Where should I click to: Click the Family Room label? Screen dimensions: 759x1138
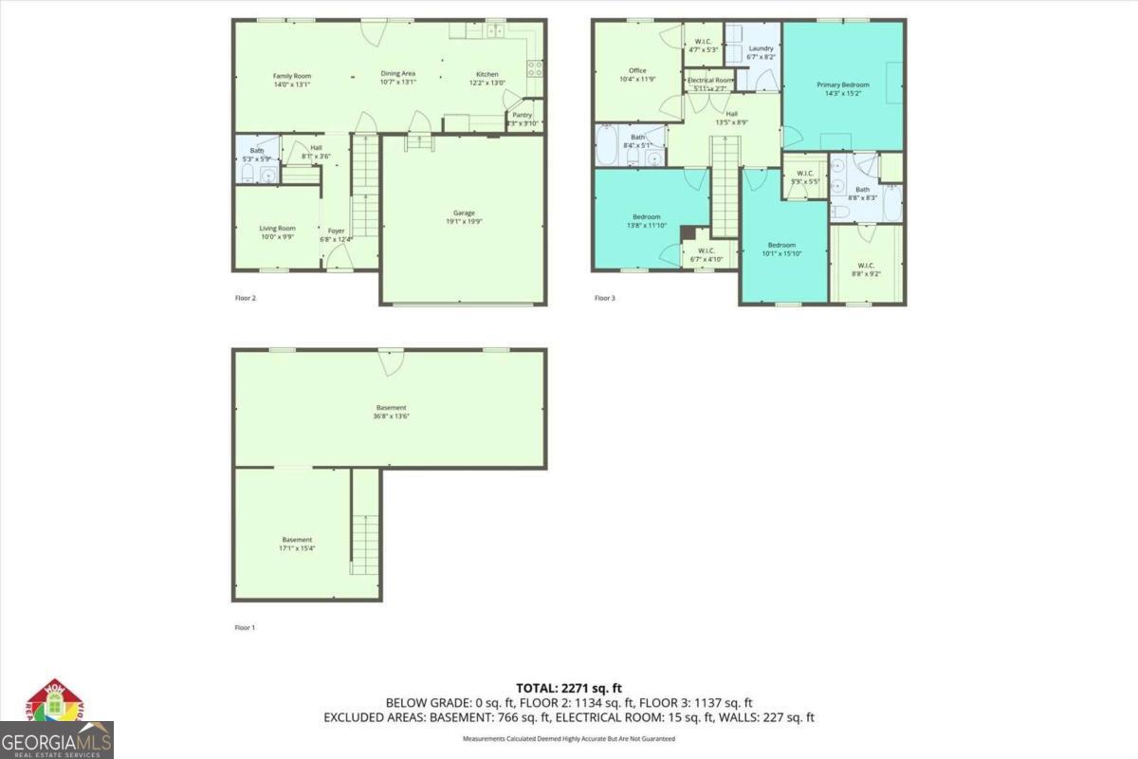tap(292, 76)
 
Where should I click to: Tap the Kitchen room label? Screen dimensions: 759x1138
tap(487, 74)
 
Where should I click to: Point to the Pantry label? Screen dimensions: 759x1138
tap(523, 115)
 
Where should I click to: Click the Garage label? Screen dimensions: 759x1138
tap(464, 213)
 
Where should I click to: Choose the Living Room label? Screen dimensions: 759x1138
tap(278, 228)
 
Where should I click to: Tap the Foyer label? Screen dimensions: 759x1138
tap(337, 231)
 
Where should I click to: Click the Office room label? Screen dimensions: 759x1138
tap(637, 70)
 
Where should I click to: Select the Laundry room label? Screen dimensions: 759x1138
tap(761, 48)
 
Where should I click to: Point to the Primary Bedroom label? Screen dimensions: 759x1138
tap(843, 84)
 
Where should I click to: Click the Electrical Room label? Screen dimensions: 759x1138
tap(710, 81)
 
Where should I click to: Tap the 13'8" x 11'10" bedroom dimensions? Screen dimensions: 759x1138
tap(646, 226)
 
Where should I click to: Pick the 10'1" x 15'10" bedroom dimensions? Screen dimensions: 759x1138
tap(781, 253)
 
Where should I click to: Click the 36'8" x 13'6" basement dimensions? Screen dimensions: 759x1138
tap(390, 417)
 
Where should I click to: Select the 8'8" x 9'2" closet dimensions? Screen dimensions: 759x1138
tap(866, 273)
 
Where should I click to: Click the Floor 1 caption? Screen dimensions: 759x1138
tap(246, 628)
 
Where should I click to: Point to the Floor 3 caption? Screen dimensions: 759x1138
tap(605, 298)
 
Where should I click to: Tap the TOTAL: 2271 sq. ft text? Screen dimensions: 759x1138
tap(569, 688)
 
